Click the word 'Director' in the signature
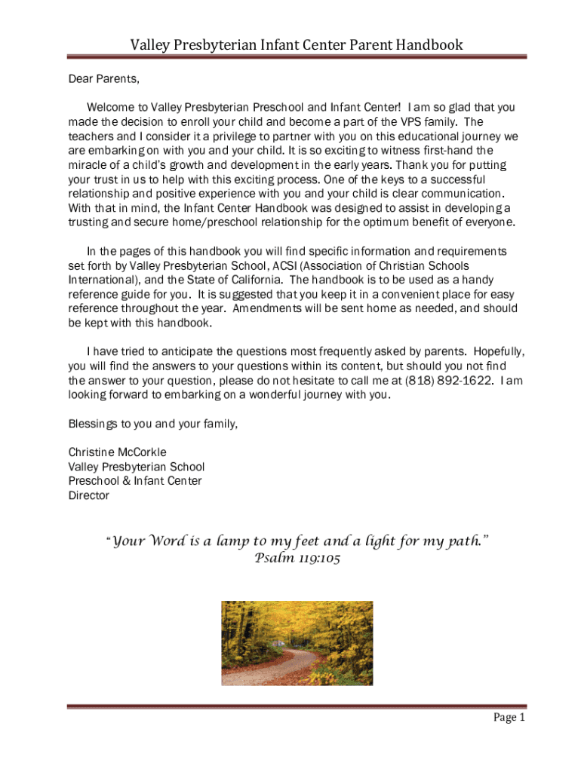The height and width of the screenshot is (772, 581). (89, 495)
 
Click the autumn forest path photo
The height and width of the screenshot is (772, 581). (297, 643)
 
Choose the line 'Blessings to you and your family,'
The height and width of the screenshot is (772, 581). (153, 424)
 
